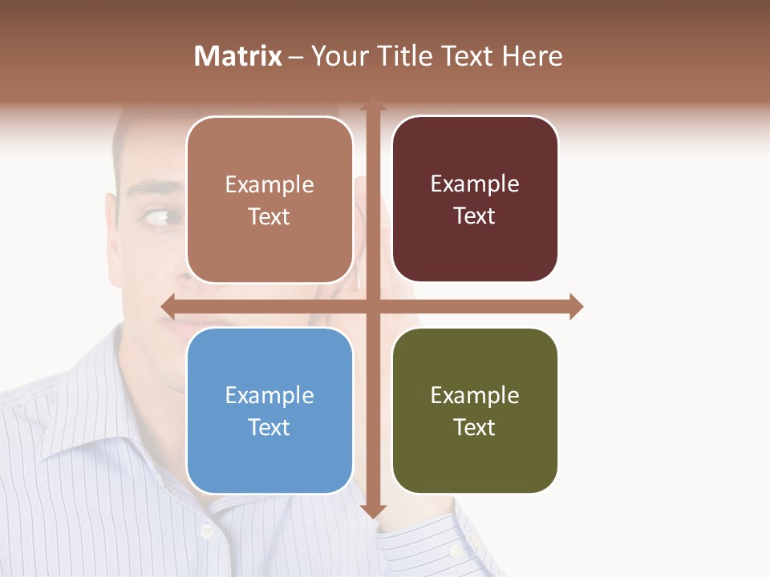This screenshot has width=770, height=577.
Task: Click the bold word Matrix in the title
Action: pyautogui.click(x=238, y=56)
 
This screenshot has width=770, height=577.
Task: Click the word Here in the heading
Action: pyautogui.click(x=532, y=56)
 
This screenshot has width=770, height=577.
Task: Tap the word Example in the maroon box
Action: pyautogui.click(x=475, y=184)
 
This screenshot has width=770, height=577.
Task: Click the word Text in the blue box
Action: pyautogui.click(x=269, y=427)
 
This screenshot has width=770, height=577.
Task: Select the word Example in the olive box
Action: pyautogui.click(x=475, y=395)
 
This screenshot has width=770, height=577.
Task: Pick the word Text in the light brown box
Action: pyautogui.click(x=269, y=216)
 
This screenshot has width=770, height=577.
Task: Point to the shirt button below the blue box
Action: pyautogui.click(x=206, y=531)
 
